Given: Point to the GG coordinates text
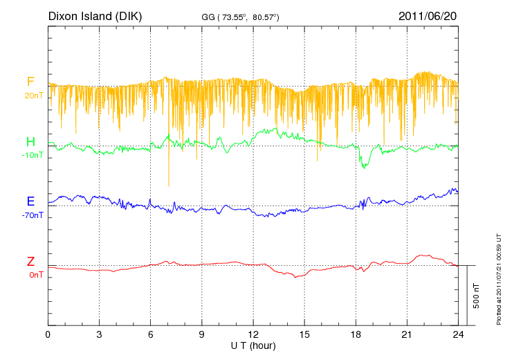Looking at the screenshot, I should click(x=240, y=16).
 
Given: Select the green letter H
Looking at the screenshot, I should click(x=30, y=142).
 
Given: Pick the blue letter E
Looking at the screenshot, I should click(x=30, y=201).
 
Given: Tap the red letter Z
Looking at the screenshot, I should click(x=30, y=262).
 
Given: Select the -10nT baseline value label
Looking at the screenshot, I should click(x=32, y=155).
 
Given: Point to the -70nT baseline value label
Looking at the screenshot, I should click(x=32, y=215).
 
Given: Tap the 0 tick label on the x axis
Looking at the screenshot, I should click(x=48, y=335).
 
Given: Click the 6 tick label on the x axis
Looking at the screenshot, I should click(x=151, y=335).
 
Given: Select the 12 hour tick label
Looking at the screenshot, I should click(x=253, y=335).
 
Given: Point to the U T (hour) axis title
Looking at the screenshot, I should click(x=252, y=345).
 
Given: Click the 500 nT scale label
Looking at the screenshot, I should click(x=477, y=296).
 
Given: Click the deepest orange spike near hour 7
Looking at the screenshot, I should click(x=169, y=184).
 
